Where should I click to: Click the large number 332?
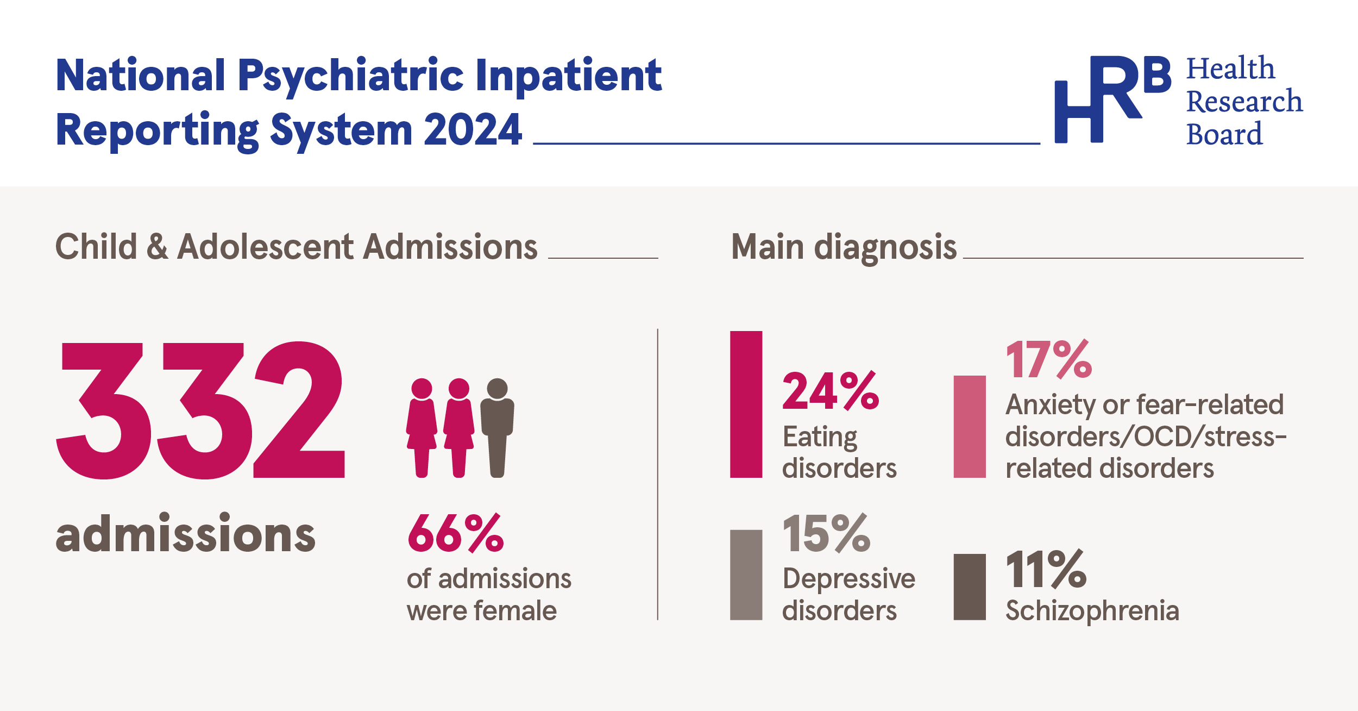tap(200, 410)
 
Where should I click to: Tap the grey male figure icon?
tap(497, 427)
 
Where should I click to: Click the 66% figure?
tap(455, 533)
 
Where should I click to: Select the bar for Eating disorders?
tap(746, 404)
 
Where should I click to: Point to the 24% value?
tap(830, 391)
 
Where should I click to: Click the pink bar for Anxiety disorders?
tap(970, 427)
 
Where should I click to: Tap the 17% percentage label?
tap(1048, 359)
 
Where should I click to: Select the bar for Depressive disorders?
tap(746, 575)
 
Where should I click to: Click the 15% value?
tap(826, 534)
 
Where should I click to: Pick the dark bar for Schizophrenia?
tap(970, 587)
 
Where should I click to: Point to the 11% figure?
tap(1046, 569)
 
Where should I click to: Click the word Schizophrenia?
tap(1092, 610)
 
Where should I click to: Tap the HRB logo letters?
tap(1112, 99)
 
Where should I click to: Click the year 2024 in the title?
tap(473, 130)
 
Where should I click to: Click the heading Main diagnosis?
tap(844, 247)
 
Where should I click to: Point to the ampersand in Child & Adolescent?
tap(157, 247)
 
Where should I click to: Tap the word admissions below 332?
tap(185, 534)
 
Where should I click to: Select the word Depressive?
tap(848, 578)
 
